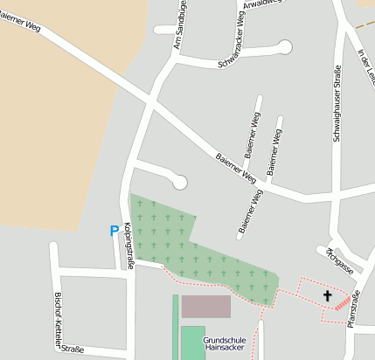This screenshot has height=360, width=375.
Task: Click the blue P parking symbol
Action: (114, 232)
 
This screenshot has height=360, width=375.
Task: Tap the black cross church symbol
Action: (328, 295)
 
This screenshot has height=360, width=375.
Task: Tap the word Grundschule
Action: (224, 339)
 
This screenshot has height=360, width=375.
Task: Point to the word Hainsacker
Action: (224, 348)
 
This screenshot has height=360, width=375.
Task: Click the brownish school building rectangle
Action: (205, 307)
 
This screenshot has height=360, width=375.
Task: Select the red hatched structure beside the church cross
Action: (343, 302)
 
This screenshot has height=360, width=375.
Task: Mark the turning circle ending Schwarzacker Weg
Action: (284, 46)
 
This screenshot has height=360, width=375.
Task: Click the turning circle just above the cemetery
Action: (180, 182)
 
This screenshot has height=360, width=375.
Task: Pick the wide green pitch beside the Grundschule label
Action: (191, 342)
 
